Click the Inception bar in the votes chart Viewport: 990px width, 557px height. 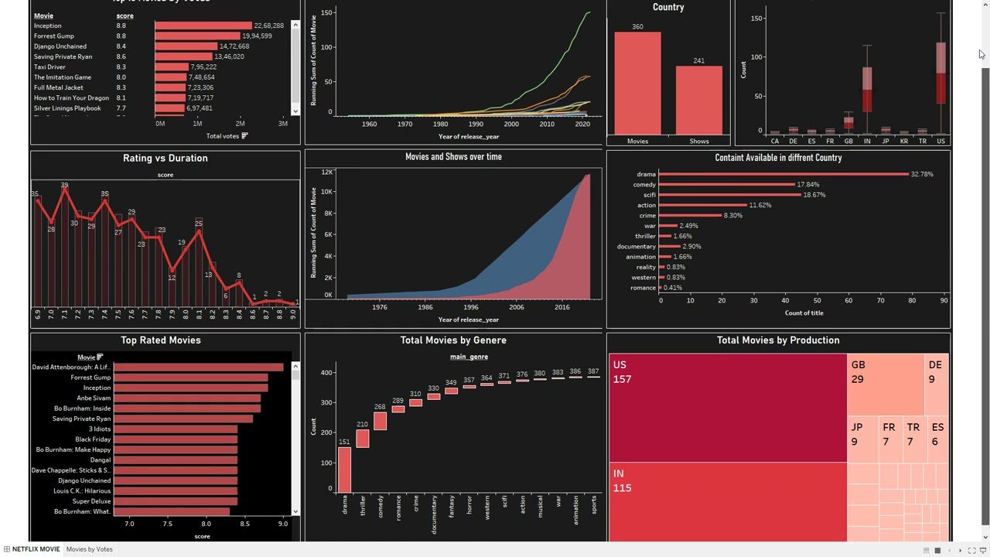(203, 26)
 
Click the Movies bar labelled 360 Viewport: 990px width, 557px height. (637, 84)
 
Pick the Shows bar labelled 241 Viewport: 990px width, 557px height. (698, 101)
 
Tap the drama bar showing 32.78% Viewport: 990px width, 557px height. (783, 174)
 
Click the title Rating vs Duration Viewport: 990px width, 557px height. (165, 159)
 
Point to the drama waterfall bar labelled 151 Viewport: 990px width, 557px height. (344, 470)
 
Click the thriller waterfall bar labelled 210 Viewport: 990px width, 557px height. (362, 439)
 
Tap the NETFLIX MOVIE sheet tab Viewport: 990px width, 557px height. (36, 549)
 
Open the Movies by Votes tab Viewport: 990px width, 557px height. (89, 549)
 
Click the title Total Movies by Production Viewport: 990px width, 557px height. (777, 340)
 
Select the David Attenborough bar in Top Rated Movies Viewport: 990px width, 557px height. (198, 367)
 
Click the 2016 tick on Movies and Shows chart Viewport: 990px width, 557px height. (562, 307)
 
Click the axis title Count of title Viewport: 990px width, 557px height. (804, 313)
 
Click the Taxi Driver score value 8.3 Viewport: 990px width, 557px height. (121, 67)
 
